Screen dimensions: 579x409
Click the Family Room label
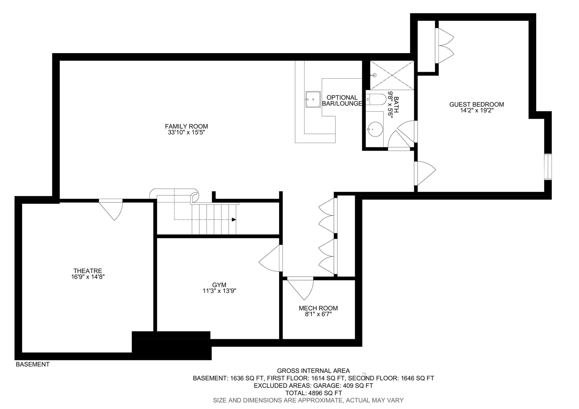(x=186, y=126)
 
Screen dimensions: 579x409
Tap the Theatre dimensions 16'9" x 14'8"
(x=88, y=277)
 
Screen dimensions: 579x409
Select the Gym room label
(x=219, y=285)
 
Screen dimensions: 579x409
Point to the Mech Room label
(x=318, y=308)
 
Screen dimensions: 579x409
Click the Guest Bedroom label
(x=477, y=104)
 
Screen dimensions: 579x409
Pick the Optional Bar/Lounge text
(x=342, y=101)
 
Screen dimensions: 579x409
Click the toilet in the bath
(x=376, y=99)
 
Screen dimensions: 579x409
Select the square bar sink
(x=313, y=99)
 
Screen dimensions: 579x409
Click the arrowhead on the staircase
(x=234, y=220)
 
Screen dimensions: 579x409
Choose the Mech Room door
(x=300, y=289)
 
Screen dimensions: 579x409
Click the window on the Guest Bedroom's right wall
(x=548, y=166)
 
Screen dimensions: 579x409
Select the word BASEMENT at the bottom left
(x=33, y=365)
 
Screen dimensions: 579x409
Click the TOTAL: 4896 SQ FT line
(x=314, y=393)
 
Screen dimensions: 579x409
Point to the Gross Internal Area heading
(x=313, y=371)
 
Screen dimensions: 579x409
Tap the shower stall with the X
(x=392, y=75)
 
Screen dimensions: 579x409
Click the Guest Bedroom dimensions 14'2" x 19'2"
(x=477, y=111)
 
